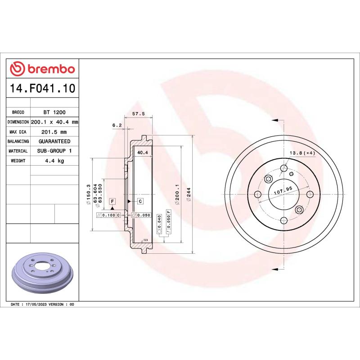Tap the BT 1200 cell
pos(54,112)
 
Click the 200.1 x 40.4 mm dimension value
pos(54,122)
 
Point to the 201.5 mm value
pos(54,132)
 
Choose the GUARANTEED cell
pos(54,141)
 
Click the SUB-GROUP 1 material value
pos(54,151)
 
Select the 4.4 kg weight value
pos(54,161)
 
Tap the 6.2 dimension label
pos(117,126)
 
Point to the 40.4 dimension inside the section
pos(143,153)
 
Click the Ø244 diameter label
pos(189,197)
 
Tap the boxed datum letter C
pos(140,201)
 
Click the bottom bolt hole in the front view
pos(283,220)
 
